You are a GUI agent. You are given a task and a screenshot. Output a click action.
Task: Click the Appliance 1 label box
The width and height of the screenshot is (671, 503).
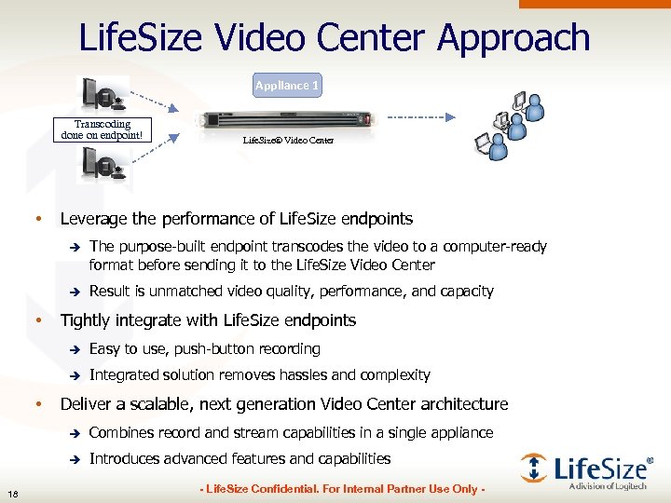pos(287,86)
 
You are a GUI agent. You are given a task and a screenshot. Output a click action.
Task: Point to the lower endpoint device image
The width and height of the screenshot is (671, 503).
pos(105,167)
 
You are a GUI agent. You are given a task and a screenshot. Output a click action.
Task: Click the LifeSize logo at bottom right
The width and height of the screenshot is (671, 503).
pos(585,469)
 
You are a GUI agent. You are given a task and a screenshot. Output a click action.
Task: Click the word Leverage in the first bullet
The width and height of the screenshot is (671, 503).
pos(94,219)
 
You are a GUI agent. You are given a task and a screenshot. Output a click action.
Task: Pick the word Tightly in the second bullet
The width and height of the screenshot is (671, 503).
pos(86,320)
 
